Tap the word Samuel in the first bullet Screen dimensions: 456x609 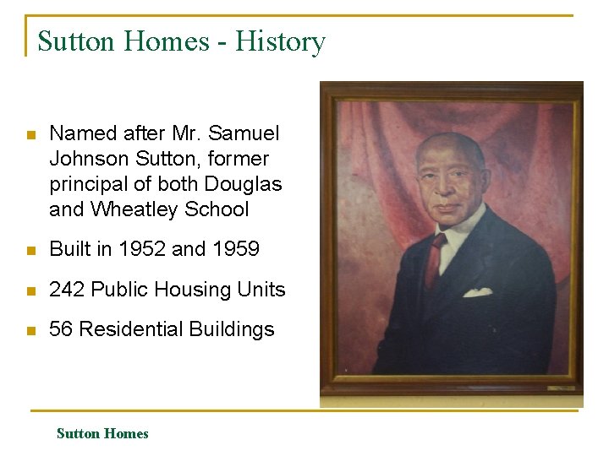point(243,133)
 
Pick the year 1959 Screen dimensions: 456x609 point(233,250)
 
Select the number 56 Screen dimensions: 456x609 point(61,329)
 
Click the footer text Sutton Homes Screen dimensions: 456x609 point(102,434)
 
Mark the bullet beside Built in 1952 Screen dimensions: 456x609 point(30,251)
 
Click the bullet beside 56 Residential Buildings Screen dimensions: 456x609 point(30,330)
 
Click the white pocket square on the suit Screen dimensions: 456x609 point(478,293)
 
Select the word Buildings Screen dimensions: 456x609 point(238,329)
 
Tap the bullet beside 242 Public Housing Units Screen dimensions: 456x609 point(30,290)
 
